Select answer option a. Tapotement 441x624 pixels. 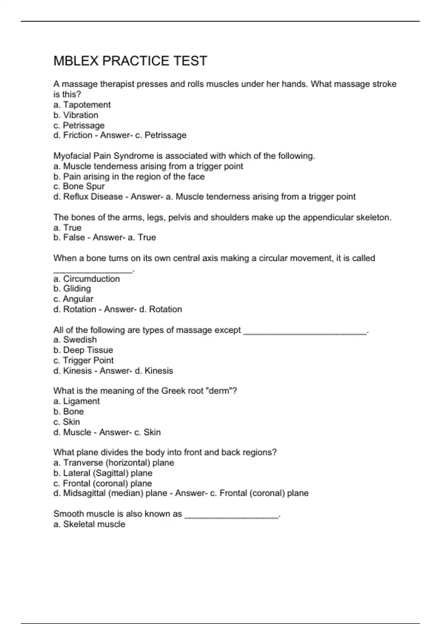[x=82, y=105]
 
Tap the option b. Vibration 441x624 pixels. [x=76, y=115]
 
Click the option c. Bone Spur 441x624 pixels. [x=79, y=186]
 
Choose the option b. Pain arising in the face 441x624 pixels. [x=129, y=177]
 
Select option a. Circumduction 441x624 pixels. [x=87, y=279]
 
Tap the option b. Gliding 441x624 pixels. [x=72, y=289]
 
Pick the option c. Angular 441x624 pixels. [x=73, y=299]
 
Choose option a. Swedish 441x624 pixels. [x=75, y=340]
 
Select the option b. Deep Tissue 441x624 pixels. [x=83, y=350]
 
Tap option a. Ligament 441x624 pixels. [x=76, y=401]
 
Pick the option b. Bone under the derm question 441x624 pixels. [x=69, y=411]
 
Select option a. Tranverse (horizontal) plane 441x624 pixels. [x=114, y=463]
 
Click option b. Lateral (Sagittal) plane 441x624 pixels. [x=103, y=473]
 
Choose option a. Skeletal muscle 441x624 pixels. [x=89, y=524]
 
